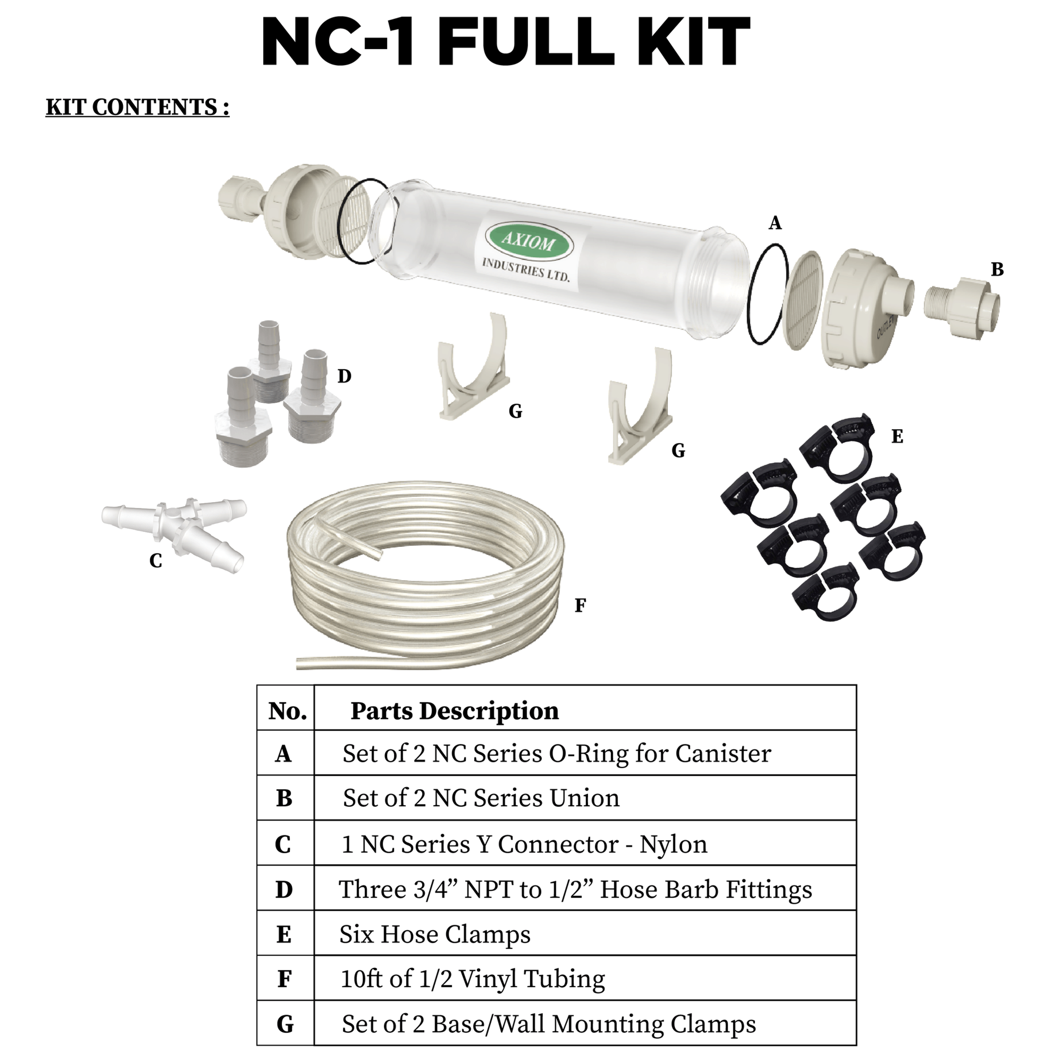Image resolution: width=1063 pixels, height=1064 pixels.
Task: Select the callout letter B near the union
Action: point(997,269)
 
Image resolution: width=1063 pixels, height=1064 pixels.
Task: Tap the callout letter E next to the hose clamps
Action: point(897,437)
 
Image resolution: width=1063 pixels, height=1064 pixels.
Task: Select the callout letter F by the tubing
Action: point(580,606)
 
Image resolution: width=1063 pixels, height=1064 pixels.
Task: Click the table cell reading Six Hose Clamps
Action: point(434,935)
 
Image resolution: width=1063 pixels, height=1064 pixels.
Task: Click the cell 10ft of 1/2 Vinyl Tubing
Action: point(472,979)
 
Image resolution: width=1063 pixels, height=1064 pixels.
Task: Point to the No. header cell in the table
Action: point(288,711)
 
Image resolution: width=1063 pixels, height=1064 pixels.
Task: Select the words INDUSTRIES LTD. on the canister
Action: point(526,270)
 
